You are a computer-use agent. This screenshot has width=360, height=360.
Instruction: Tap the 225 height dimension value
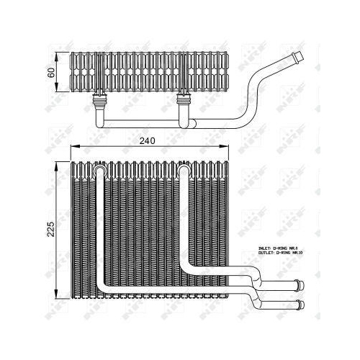50,230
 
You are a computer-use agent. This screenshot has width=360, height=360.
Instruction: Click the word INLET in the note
265,249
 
